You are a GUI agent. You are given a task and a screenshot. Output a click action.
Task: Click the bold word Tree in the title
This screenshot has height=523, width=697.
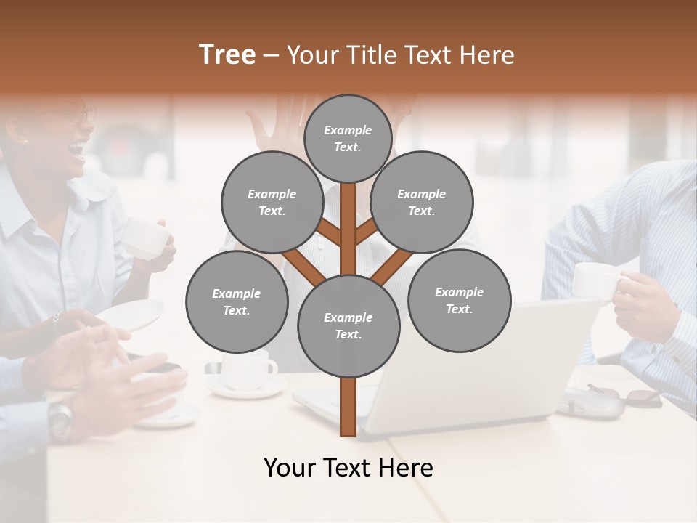(x=227, y=55)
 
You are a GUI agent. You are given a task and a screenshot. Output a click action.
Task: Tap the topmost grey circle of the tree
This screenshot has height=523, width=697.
(x=348, y=138)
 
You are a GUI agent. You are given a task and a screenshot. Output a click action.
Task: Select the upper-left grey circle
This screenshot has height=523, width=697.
(x=272, y=202)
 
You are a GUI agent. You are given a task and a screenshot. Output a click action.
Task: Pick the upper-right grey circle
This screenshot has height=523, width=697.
(x=422, y=202)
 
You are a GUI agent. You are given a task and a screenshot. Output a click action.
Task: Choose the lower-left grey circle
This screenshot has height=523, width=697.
(x=237, y=301)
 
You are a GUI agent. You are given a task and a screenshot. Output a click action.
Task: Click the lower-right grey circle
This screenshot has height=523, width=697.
(x=459, y=300)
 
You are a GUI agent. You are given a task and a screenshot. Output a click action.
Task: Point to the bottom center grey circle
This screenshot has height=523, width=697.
(x=348, y=325)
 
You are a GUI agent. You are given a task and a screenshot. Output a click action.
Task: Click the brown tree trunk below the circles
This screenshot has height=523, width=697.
(x=348, y=407)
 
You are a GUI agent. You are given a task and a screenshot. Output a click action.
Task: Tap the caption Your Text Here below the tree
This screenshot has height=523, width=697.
(x=348, y=468)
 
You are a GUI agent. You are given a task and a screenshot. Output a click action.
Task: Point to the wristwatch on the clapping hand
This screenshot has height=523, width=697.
(x=61, y=417)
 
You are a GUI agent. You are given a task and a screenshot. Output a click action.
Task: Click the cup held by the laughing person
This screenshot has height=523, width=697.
(x=145, y=235)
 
